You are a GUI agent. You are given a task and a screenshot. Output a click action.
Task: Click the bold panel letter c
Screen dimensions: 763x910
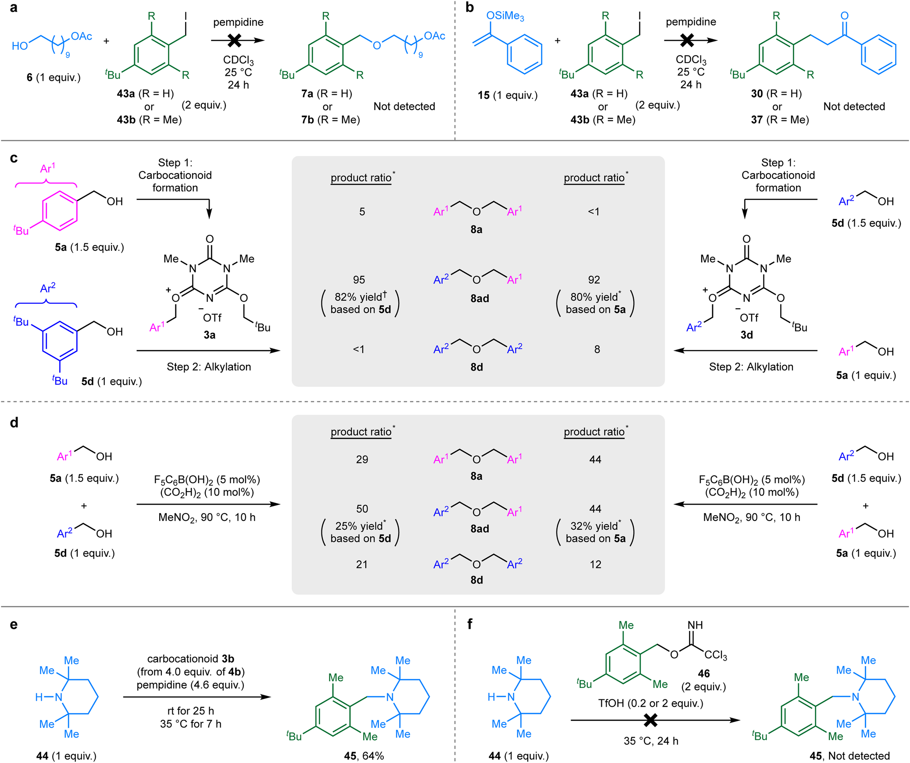(x=14, y=158)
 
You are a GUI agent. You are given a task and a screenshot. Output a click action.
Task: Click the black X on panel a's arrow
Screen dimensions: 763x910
(x=235, y=40)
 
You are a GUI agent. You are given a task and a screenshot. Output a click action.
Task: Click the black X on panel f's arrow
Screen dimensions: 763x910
(x=651, y=720)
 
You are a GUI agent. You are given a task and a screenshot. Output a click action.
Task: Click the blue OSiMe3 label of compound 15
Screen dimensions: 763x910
(x=505, y=16)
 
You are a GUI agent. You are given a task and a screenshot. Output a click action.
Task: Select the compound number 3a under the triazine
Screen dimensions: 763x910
(x=209, y=335)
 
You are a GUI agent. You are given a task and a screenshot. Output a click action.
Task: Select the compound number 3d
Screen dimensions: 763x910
(x=746, y=335)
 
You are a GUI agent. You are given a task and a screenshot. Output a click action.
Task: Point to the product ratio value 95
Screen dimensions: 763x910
(x=359, y=280)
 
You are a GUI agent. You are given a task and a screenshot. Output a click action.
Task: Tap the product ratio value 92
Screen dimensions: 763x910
(x=594, y=280)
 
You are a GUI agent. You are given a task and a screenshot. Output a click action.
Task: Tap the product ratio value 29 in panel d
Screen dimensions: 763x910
(x=362, y=459)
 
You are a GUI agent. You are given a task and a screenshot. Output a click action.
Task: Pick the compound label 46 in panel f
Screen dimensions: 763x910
(x=703, y=673)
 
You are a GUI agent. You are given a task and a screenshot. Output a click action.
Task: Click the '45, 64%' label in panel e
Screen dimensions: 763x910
(x=364, y=756)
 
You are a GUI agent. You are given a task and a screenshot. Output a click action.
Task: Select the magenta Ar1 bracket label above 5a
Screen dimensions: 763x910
(x=47, y=168)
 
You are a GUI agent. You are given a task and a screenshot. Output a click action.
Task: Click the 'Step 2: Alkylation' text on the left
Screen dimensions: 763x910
(x=209, y=367)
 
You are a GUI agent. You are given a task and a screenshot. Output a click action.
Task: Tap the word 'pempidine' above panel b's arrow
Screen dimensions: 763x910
(x=691, y=21)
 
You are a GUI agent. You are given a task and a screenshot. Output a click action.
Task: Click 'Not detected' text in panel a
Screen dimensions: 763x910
(x=404, y=106)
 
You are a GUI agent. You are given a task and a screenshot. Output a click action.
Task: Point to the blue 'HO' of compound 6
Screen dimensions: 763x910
(x=20, y=46)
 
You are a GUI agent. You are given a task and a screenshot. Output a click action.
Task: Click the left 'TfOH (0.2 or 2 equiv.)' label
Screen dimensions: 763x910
(x=650, y=703)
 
